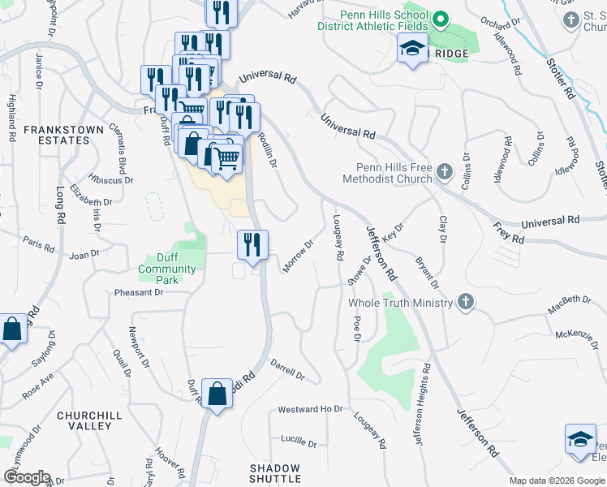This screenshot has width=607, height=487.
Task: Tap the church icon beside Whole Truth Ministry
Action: pyautogui.click(x=465, y=302)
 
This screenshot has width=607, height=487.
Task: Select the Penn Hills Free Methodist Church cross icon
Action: pyautogui.click(x=444, y=171)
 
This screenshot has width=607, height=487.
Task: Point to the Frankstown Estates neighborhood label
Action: pyautogui.click(x=63, y=135)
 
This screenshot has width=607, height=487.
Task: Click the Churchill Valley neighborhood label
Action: pyautogui.click(x=84, y=420)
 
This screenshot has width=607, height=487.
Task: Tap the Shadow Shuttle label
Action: pyautogui.click(x=274, y=474)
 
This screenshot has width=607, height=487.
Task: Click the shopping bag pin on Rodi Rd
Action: pyautogui.click(x=217, y=394)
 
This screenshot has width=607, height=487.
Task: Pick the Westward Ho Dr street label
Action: pyautogui.click(x=311, y=409)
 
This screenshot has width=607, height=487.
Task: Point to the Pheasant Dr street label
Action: pyautogui.click(x=139, y=292)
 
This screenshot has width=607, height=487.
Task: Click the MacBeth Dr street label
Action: pyautogui.click(x=569, y=301)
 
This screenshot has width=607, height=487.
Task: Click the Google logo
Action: pyautogui.click(x=27, y=477)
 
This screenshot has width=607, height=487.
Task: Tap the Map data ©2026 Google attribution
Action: pyautogui.click(x=555, y=481)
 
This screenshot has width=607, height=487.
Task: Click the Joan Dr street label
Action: pyautogui.click(x=84, y=255)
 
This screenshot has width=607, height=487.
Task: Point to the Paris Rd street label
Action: pyautogui.click(x=37, y=242)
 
